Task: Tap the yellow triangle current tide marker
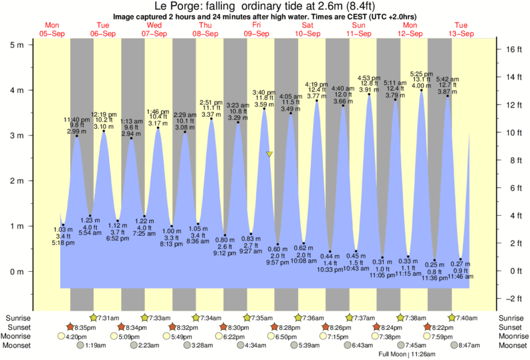[x=269, y=154]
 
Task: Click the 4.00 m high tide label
[x=421, y=85]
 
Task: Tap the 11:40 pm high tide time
[x=77, y=120]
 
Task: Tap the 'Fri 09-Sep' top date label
[x=257, y=29]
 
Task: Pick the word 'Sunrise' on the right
[x=511, y=317]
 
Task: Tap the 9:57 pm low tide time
[x=278, y=262]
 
